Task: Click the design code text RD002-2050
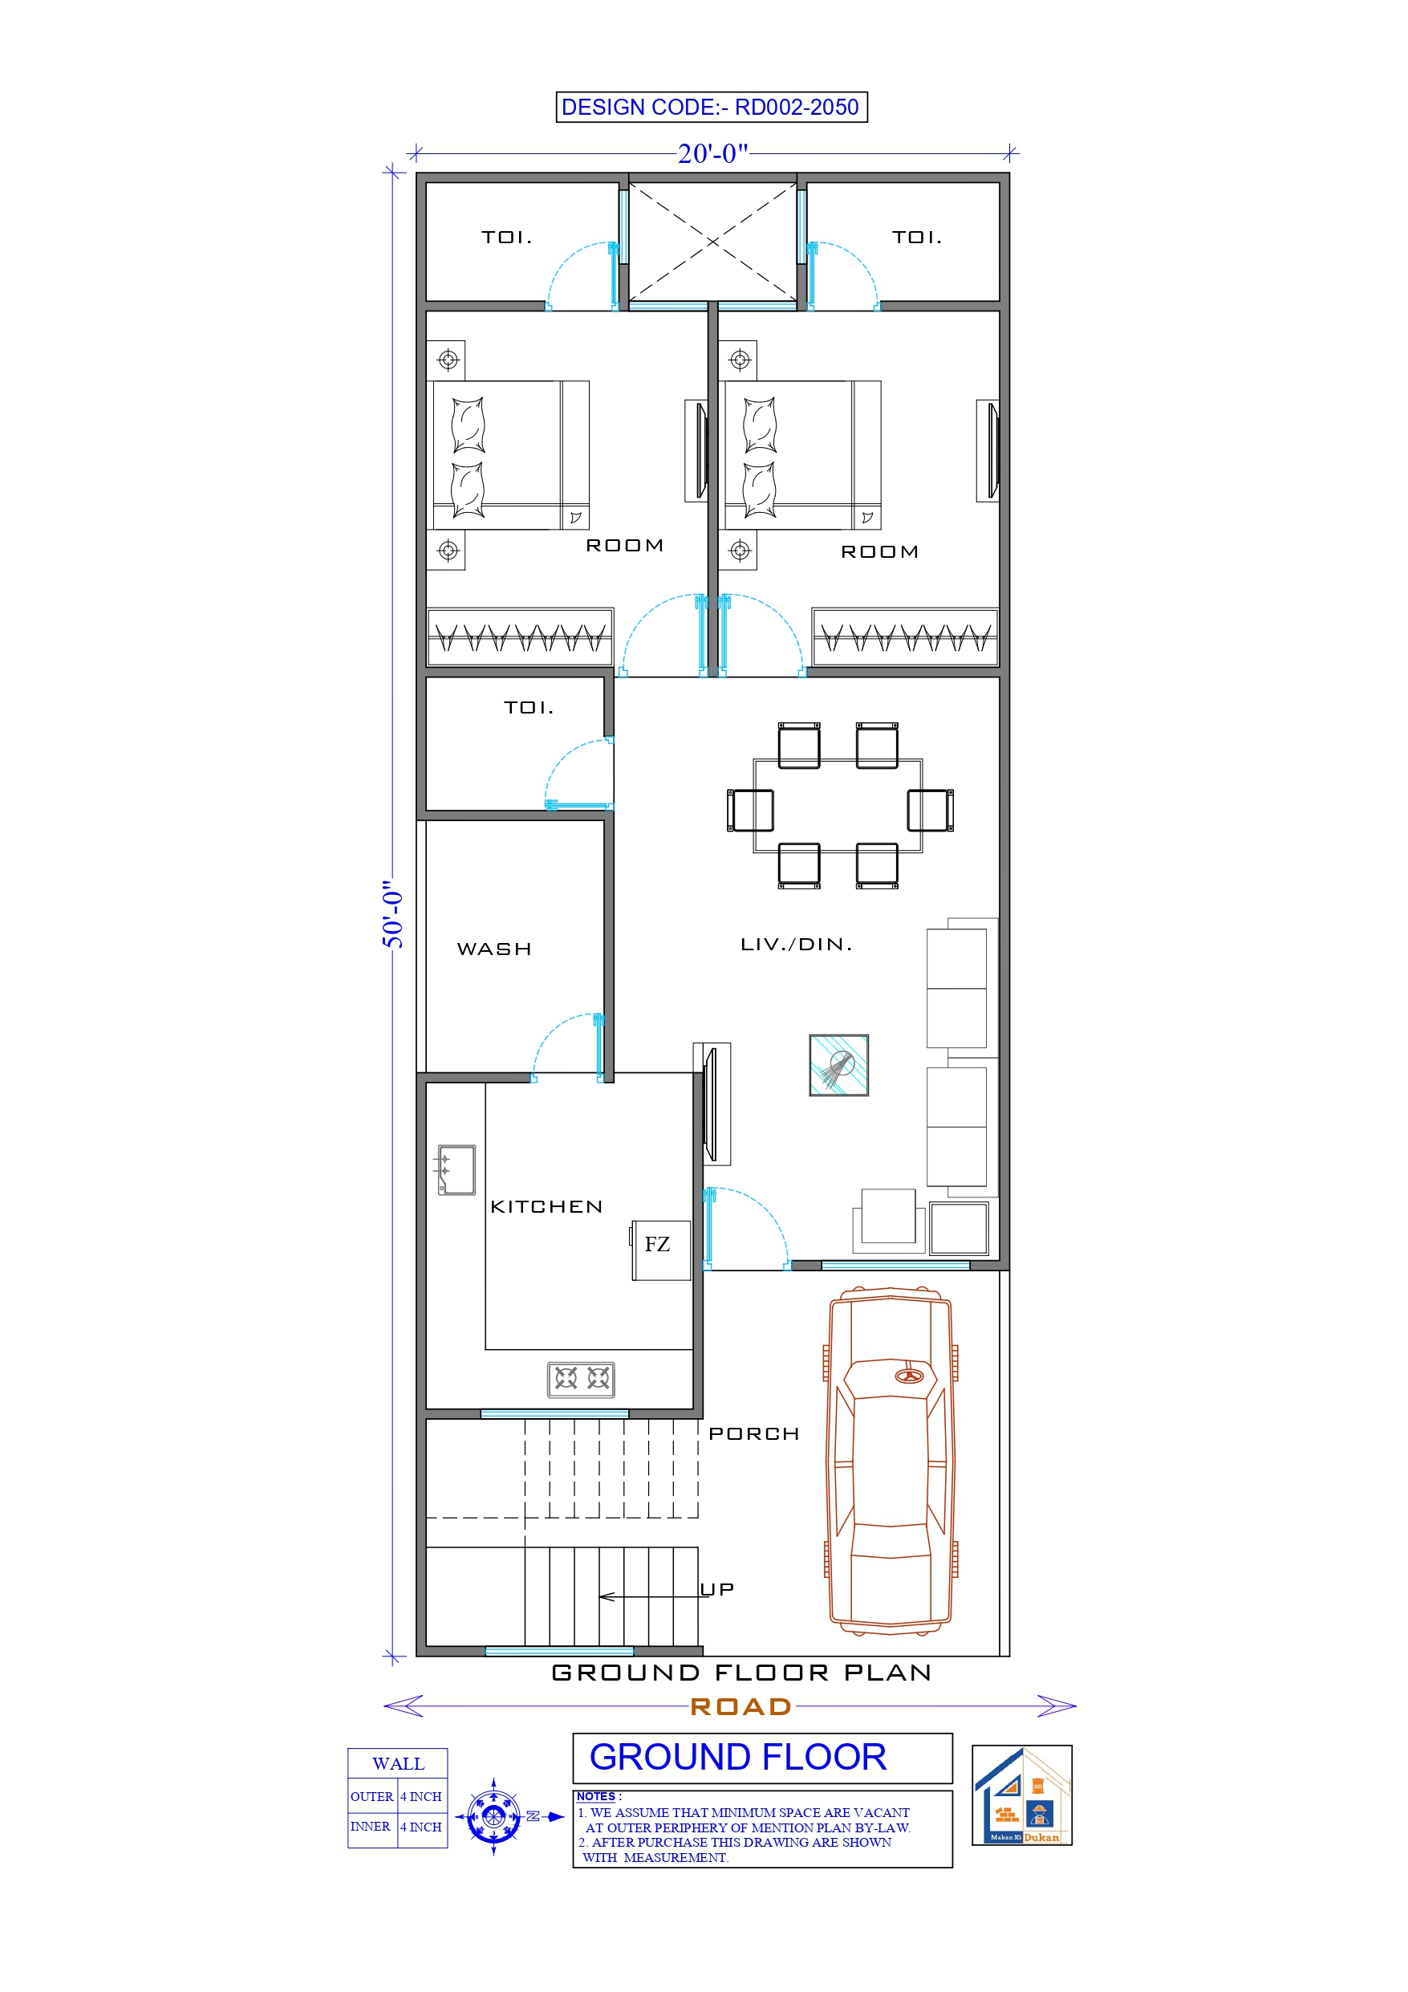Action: coord(796,108)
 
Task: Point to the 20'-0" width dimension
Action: coord(712,154)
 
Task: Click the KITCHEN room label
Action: coord(546,1207)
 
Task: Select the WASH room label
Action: coord(493,949)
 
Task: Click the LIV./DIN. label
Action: coord(796,944)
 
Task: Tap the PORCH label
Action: coord(753,1434)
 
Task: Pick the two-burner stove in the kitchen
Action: coord(580,1379)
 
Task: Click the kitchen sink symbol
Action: coord(456,1169)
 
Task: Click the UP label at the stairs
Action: coord(717,1588)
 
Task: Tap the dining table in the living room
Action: coord(838,806)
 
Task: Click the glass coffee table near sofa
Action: coord(838,1064)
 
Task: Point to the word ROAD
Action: coord(740,1706)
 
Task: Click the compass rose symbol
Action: coord(493,1816)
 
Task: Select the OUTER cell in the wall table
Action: coord(371,1796)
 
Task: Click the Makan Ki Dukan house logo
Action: coord(1021,1795)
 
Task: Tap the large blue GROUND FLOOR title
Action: coord(737,1757)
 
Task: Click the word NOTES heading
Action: coord(596,1796)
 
